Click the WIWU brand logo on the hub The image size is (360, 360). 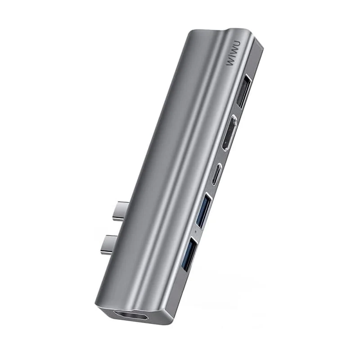(234, 53)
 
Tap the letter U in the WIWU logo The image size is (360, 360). (237, 44)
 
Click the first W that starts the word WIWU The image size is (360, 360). (230, 62)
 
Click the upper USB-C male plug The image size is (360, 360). (121, 211)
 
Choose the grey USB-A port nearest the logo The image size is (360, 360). (244, 91)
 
